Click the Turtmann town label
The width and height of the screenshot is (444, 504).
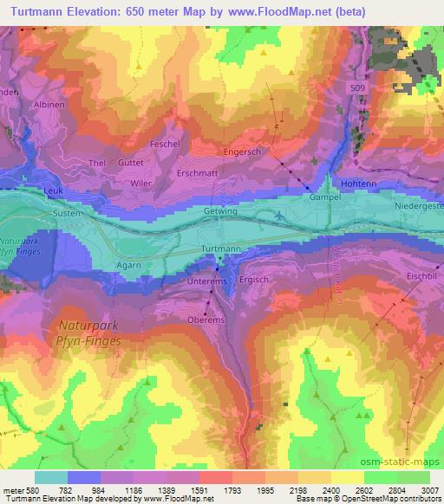coord(220,249)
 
